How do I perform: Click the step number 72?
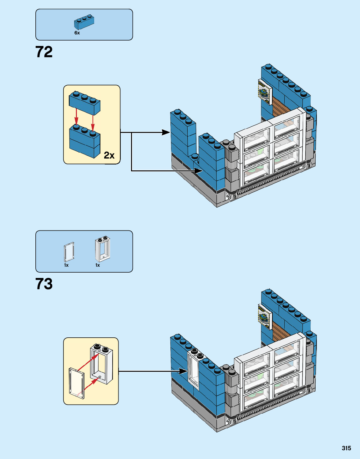pyautogui.click(x=44, y=52)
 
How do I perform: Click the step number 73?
pyautogui.click(x=44, y=284)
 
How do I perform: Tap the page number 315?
pyautogui.click(x=346, y=448)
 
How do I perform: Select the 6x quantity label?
pyautogui.click(x=77, y=33)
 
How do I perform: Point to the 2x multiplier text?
pyautogui.click(x=109, y=155)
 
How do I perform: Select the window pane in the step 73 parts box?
pyautogui.click(x=69, y=252)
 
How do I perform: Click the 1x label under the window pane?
pyautogui.click(x=66, y=265)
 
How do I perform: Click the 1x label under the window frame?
pyautogui.click(x=98, y=265)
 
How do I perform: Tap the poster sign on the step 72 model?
pyautogui.click(x=265, y=92)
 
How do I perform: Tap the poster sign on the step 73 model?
pyautogui.click(x=264, y=317)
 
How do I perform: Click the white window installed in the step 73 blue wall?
pyautogui.click(x=193, y=369)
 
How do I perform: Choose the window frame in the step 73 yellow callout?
pyautogui.click(x=102, y=364)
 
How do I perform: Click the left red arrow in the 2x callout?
pyautogui.click(x=76, y=116)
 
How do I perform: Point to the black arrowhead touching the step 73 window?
pyautogui.click(x=183, y=371)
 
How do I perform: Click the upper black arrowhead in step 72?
pyautogui.click(x=166, y=132)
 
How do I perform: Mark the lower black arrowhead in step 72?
pyautogui.click(x=198, y=171)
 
